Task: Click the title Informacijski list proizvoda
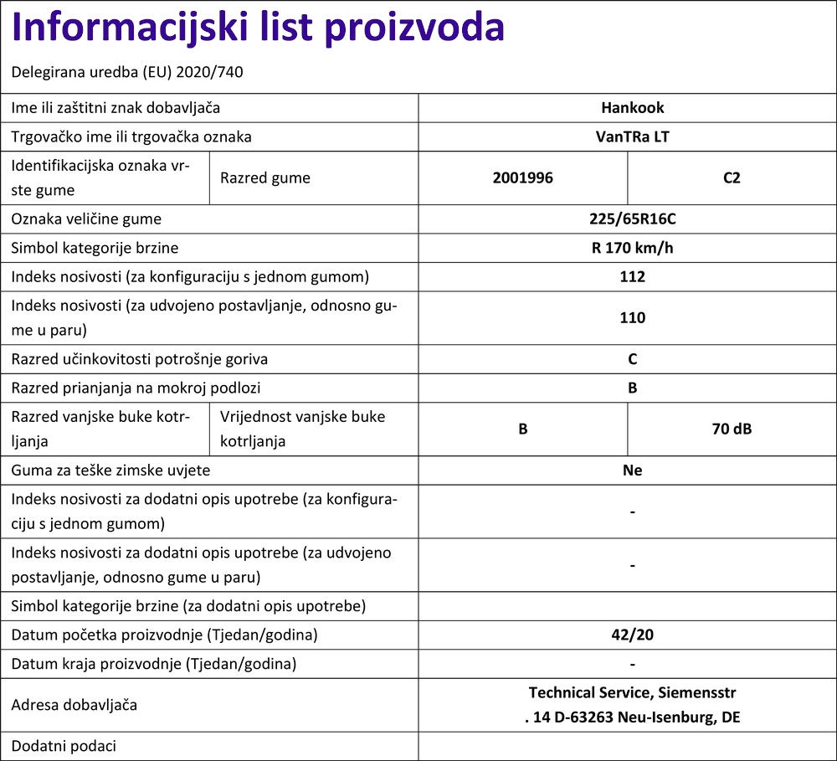[259, 28]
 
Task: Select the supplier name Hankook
[632, 108]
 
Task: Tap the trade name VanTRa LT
[632, 136]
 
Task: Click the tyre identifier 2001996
[522, 178]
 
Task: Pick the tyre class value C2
[732, 178]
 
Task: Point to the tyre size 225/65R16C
[632, 220]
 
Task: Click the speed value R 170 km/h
[632, 249]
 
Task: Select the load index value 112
[632, 277]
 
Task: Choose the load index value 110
[632, 318]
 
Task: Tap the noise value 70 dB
[732, 429]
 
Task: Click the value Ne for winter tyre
[632, 470]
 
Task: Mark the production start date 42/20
[632, 635]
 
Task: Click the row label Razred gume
[264, 178]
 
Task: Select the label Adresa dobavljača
[74, 705]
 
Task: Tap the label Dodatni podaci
[64, 746]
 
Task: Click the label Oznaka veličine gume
[86, 220]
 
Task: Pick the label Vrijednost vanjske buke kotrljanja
[302, 429]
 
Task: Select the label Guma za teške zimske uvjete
[110, 470]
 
